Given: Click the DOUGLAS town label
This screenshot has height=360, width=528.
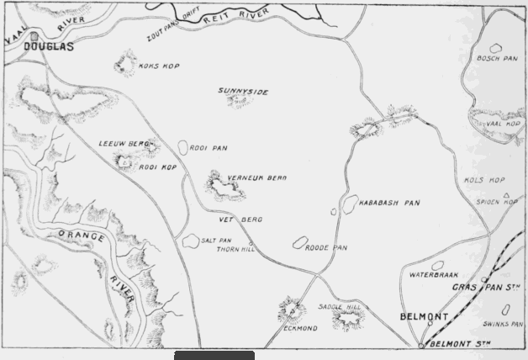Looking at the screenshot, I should (x=49, y=47).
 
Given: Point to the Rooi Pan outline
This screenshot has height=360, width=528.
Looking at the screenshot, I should (x=183, y=147).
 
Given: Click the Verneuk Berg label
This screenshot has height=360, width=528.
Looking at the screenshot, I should (x=258, y=178).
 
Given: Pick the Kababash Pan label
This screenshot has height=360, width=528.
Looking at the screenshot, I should (x=389, y=203).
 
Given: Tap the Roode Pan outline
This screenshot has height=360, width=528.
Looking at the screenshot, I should (x=298, y=243).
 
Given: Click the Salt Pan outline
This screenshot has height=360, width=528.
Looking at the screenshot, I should (x=190, y=240).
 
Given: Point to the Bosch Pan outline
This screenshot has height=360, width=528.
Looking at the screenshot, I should (x=496, y=50).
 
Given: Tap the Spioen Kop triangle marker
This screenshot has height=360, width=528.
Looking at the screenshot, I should (x=506, y=195).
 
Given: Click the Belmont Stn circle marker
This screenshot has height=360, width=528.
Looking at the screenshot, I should (x=421, y=345).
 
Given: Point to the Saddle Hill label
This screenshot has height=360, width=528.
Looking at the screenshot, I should (x=340, y=308).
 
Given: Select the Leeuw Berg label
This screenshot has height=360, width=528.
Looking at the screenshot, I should (x=118, y=144).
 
